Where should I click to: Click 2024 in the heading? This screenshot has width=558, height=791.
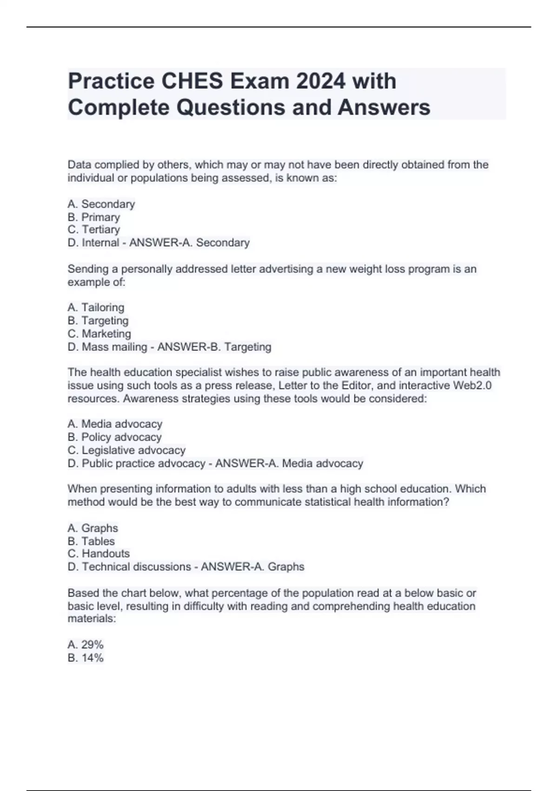[320, 81]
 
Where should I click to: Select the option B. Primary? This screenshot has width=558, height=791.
[93, 217]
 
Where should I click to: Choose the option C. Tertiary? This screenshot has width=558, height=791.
[93, 229]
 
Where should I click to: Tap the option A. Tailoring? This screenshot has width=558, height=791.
[96, 308]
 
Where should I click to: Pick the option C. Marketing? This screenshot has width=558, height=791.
[99, 334]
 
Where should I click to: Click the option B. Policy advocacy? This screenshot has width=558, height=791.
[114, 437]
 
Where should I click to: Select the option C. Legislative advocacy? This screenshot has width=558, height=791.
[126, 450]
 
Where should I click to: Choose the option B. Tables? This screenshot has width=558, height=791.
[91, 541]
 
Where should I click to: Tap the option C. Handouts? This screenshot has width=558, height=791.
[99, 554]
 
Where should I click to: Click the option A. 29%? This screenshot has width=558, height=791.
[86, 644]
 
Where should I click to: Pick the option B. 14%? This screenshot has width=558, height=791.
[86, 658]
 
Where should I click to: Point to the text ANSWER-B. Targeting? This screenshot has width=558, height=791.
[214, 347]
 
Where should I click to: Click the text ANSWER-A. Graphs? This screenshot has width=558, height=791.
[252, 567]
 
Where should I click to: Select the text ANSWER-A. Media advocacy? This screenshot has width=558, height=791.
[289, 463]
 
